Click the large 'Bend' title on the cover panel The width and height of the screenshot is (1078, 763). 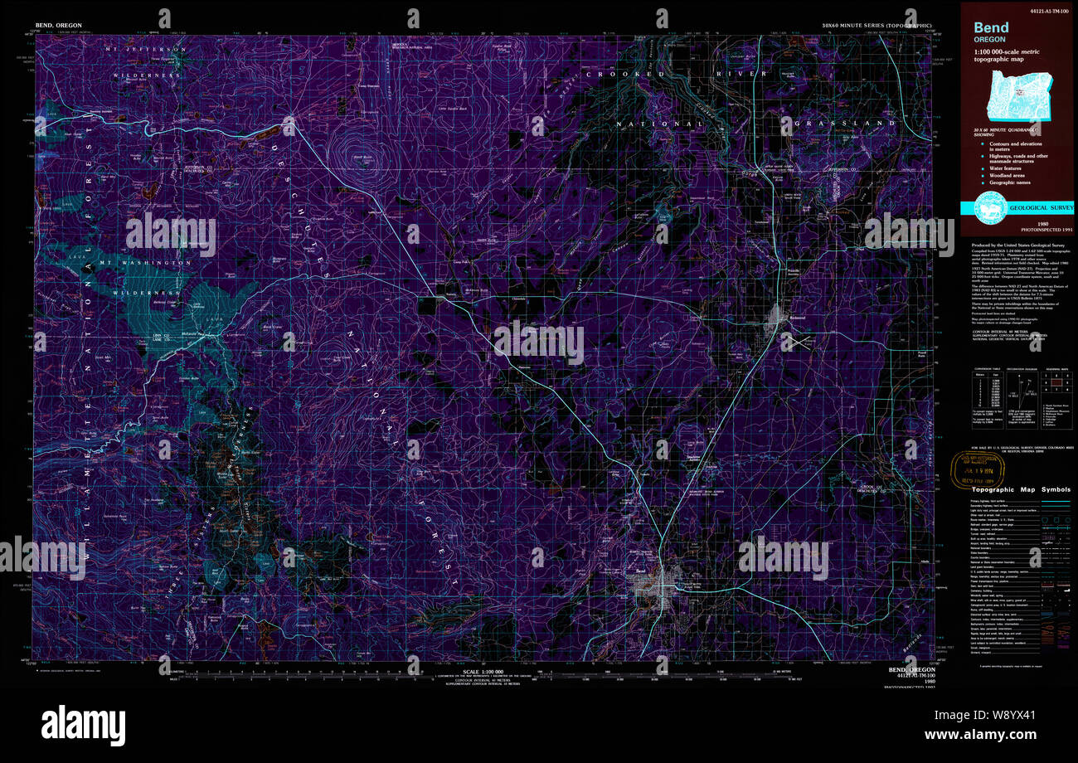991,27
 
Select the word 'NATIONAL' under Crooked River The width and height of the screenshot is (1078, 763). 659,124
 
